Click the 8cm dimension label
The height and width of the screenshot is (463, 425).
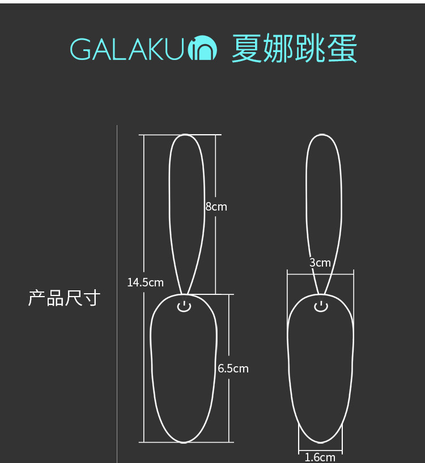click(216, 207)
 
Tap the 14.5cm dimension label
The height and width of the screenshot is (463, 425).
click(145, 282)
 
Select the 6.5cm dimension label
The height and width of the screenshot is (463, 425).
click(233, 369)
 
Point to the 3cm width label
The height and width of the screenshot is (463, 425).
click(320, 263)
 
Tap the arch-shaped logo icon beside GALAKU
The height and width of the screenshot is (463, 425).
click(202, 50)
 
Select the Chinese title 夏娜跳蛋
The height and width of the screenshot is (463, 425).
click(294, 49)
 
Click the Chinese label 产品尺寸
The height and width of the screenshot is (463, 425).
click(64, 298)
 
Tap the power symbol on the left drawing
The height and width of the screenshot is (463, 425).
click(184, 307)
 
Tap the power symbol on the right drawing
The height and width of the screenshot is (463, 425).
click(321, 307)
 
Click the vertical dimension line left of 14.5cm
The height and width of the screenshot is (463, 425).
click(144, 215)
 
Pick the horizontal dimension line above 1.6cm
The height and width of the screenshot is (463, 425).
click(320, 449)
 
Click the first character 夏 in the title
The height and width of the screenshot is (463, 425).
click(246, 49)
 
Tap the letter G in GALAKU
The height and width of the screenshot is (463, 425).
click(80, 50)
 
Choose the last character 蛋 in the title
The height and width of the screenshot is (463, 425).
click(342, 49)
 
